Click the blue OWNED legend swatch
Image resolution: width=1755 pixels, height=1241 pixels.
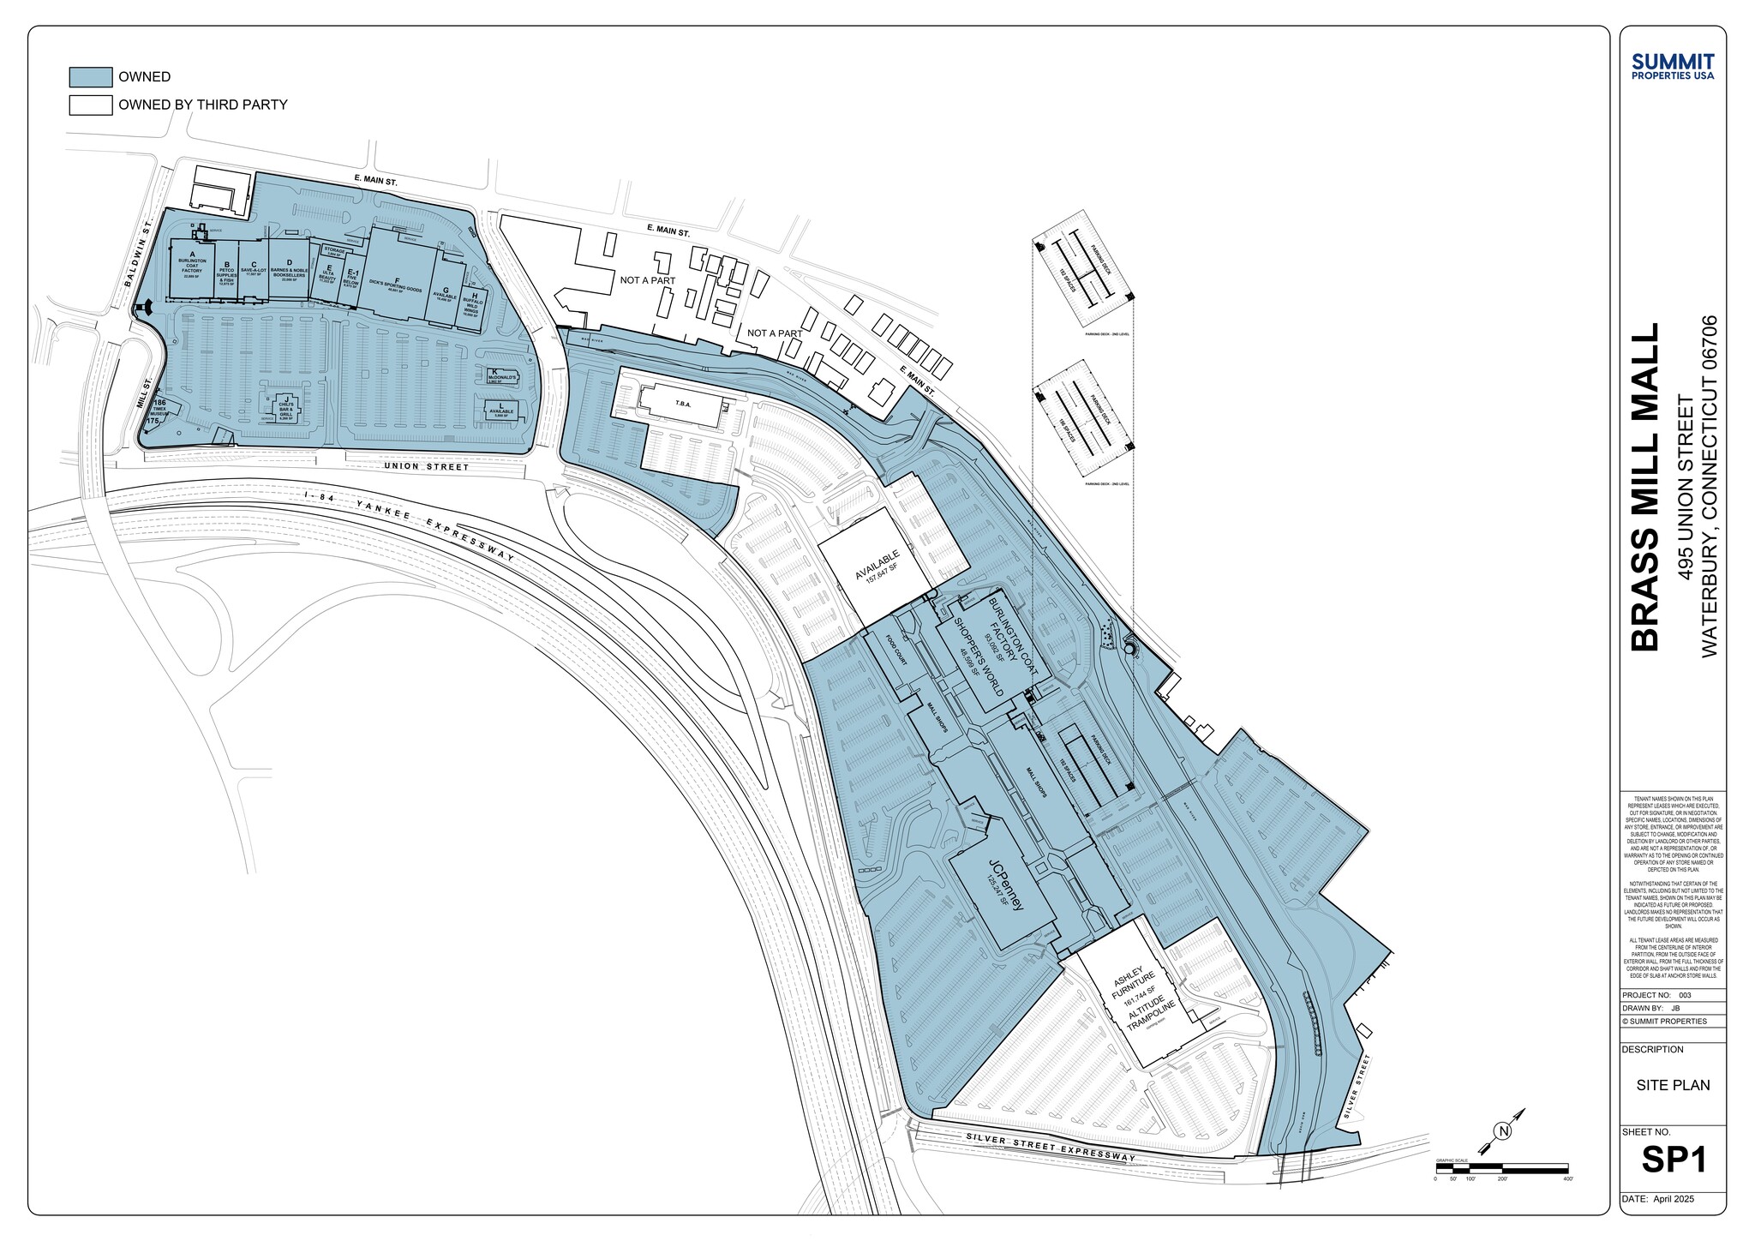(90, 77)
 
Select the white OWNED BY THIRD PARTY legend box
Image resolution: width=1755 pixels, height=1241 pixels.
(90, 105)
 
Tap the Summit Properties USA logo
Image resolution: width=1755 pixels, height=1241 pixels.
(1673, 66)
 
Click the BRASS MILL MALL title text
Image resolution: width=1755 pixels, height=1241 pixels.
(1644, 487)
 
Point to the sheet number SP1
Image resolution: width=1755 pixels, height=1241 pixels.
(1674, 1160)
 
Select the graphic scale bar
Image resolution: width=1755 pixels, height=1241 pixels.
(1501, 1168)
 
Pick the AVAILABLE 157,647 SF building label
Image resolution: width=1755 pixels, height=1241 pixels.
(877, 567)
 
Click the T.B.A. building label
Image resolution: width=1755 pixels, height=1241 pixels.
(683, 404)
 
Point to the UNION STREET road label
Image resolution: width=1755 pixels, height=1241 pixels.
(426, 467)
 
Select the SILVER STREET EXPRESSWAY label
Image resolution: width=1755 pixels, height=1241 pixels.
(1050, 1147)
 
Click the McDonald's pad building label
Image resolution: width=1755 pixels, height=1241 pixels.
(501, 377)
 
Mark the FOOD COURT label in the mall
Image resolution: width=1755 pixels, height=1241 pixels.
(896, 650)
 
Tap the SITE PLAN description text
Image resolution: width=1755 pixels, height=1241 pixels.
(1673, 1085)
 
